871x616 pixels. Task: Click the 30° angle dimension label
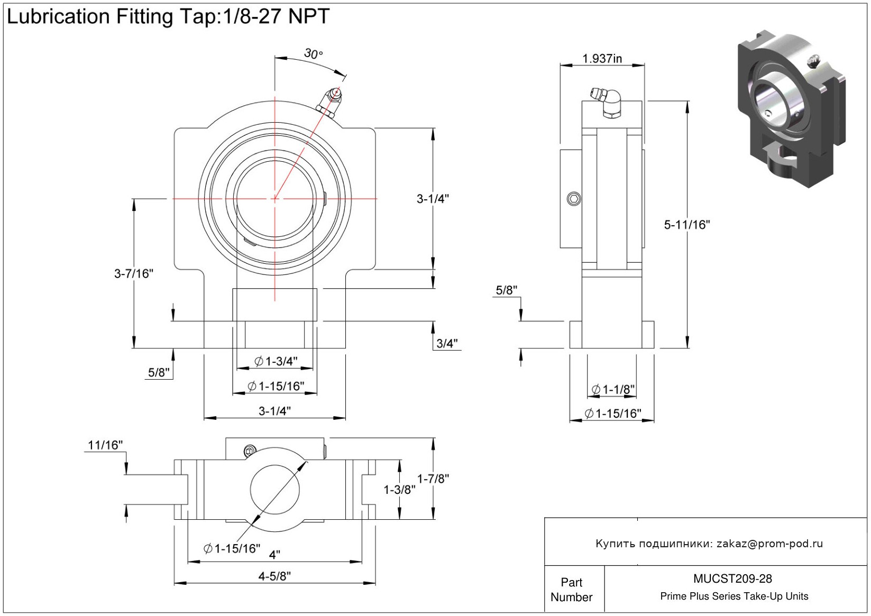click(x=313, y=54)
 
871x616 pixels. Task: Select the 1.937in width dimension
click(x=602, y=59)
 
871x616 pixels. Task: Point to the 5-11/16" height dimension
click(x=686, y=225)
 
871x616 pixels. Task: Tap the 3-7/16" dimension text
click(x=134, y=273)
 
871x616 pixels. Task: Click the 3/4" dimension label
click(x=447, y=344)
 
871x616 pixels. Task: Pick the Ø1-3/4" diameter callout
click(x=276, y=362)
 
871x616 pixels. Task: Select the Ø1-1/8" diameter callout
click(x=613, y=390)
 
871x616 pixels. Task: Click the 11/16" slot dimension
click(x=105, y=445)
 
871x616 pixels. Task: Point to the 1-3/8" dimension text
click(x=399, y=490)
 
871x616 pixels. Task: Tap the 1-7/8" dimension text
click(x=433, y=479)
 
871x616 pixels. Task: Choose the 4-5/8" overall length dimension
click(x=274, y=576)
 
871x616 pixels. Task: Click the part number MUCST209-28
click(x=732, y=579)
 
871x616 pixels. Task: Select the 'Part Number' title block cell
click(x=572, y=590)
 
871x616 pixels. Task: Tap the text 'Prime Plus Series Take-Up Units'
click(x=734, y=596)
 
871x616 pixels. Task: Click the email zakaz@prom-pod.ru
click(x=769, y=544)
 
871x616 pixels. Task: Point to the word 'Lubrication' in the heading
click(x=58, y=17)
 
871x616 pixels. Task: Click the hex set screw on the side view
click(x=574, y=199)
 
